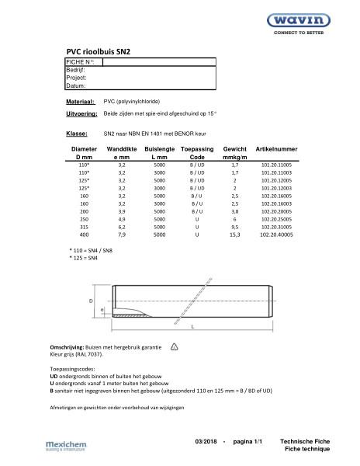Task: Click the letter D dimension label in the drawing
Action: tap(90, 300)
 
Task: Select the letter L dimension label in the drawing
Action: tap(192, 327)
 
